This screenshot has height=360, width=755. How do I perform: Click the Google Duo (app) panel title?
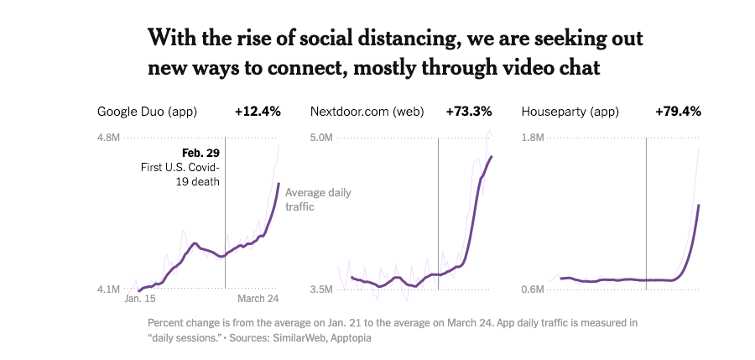pos(147,111)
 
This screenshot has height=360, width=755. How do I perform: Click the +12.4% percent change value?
pos(257,111)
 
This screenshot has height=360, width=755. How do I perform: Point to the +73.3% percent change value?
pos(468,111)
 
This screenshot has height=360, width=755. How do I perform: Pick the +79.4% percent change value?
pos(678,111)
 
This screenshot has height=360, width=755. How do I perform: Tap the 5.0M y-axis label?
pos(322,137)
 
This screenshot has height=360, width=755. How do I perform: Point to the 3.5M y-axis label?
pos(322,290)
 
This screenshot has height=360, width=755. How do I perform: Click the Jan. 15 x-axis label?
pos(140,299)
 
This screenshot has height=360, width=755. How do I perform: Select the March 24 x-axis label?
pos(256,299)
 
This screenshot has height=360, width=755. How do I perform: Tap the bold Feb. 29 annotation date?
pos(200,153)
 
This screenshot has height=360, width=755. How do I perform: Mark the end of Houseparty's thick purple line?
pos(699,205)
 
